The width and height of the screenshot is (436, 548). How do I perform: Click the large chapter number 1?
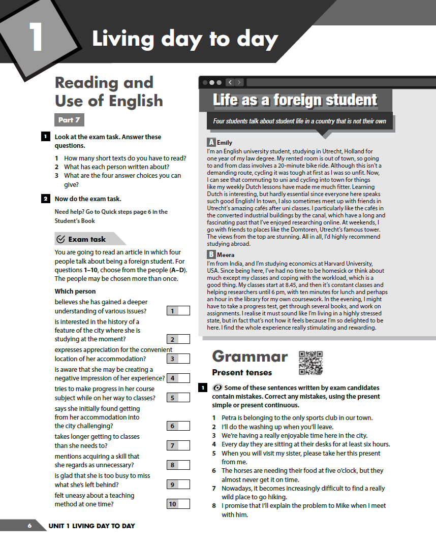tap(36, 37)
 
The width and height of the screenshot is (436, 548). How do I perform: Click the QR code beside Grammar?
tap(310, 363)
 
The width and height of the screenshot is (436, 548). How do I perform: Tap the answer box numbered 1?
tap(178, 311)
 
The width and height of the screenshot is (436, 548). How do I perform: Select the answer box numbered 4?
tap(178, 378)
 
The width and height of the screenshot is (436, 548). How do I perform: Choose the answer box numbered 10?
tap(178, 504)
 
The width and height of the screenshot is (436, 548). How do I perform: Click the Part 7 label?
tap(69, 120)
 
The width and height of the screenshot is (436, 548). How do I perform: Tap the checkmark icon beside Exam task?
tap(61, 239)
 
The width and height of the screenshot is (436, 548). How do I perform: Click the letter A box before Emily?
tap(211, 143)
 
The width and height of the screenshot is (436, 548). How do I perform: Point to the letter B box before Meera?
tap(211, 254)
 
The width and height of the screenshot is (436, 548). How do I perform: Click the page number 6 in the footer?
tap(29, 526)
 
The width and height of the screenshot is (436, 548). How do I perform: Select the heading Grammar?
tap(250, 356)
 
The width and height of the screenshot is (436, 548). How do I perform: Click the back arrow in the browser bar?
tap(230, 82)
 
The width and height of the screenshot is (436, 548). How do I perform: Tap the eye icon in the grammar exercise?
tap(217, 388)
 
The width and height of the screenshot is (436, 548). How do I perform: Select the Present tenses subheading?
tap(242, 372)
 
